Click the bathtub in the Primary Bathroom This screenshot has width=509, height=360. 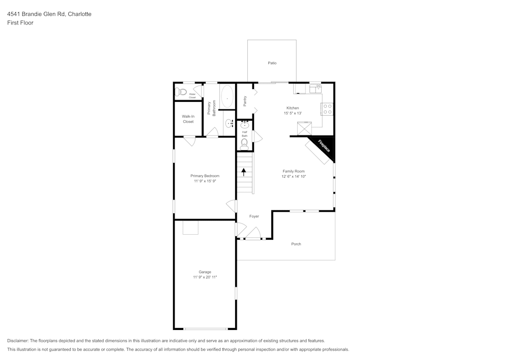(227, 96)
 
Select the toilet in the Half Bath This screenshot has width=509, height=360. (244, 145)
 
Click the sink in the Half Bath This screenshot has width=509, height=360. (245, 125)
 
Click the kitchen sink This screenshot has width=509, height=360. (316, 89)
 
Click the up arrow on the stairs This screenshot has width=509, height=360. (244, 172)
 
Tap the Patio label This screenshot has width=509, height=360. (272, 63)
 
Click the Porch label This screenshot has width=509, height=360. (296, 244)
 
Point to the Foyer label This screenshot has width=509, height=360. (254, 216)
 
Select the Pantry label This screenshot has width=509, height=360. (245, 101)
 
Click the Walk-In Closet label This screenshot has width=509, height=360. (188, 119)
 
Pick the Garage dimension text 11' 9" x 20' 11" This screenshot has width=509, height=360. (205, 278)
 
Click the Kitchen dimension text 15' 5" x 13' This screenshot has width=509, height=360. (293, 114)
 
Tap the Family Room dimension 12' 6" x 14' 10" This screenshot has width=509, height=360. (294, 177)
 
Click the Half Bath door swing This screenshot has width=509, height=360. (257, 136)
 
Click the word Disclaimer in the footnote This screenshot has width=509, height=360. (18, 341)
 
